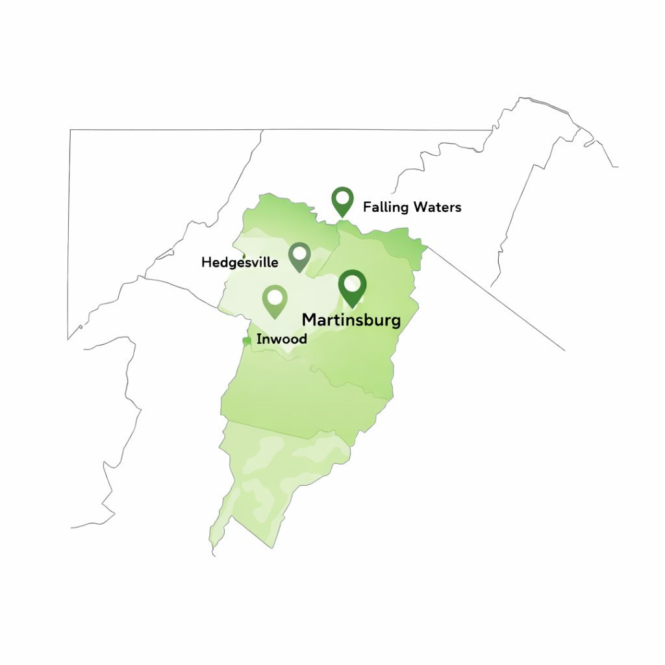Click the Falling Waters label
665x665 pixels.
(412, 207)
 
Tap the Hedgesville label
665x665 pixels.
(240, 262)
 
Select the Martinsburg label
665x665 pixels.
(351, 320)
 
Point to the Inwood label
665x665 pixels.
(282, 339)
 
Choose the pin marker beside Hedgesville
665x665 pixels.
(299, 257)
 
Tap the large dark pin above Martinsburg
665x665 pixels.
(352, 288)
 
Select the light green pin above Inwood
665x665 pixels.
(275, 301)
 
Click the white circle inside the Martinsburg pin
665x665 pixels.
(352, 283)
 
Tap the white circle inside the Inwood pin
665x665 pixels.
(275, 297)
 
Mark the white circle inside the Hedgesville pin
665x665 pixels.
(299, 253)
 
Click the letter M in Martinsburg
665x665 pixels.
(310, 320)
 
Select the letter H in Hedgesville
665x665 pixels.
(206, 262)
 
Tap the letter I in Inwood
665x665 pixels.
(258, 339)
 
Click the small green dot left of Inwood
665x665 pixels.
(246, 341)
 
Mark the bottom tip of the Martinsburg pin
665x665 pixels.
(352, 307)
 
